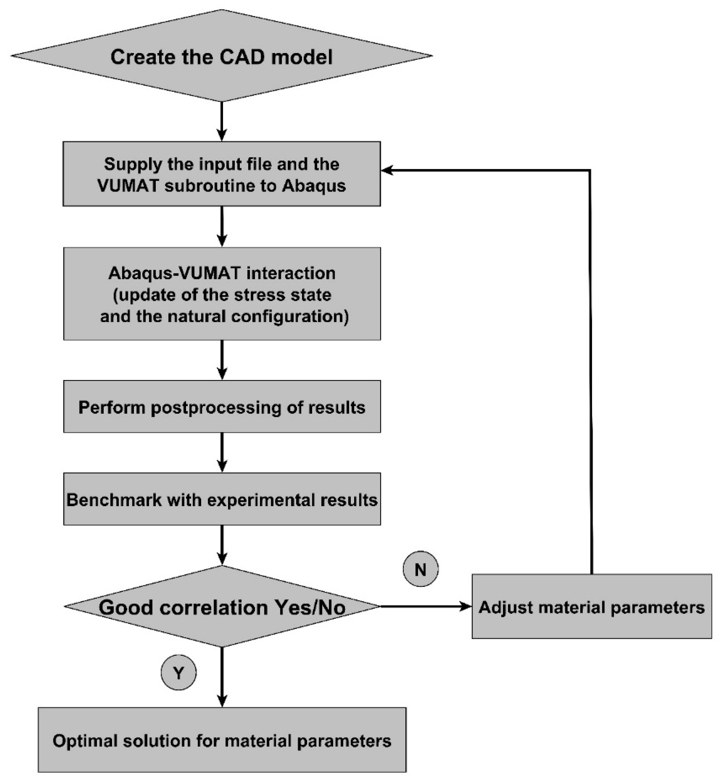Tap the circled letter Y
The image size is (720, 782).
tap(178, 672)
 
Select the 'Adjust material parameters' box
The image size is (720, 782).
tap(591, 607)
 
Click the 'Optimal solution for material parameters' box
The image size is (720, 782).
tap(222, 740)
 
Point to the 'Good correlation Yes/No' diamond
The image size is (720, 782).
tap(222, 607)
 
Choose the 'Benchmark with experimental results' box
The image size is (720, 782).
tap(222, 499)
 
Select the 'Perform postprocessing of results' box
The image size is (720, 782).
tap(222, 407)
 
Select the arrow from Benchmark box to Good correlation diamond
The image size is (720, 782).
tap(222, 545)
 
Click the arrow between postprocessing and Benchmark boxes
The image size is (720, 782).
tap(222, 452)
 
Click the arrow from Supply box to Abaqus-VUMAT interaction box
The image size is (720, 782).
tap(222, 227)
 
